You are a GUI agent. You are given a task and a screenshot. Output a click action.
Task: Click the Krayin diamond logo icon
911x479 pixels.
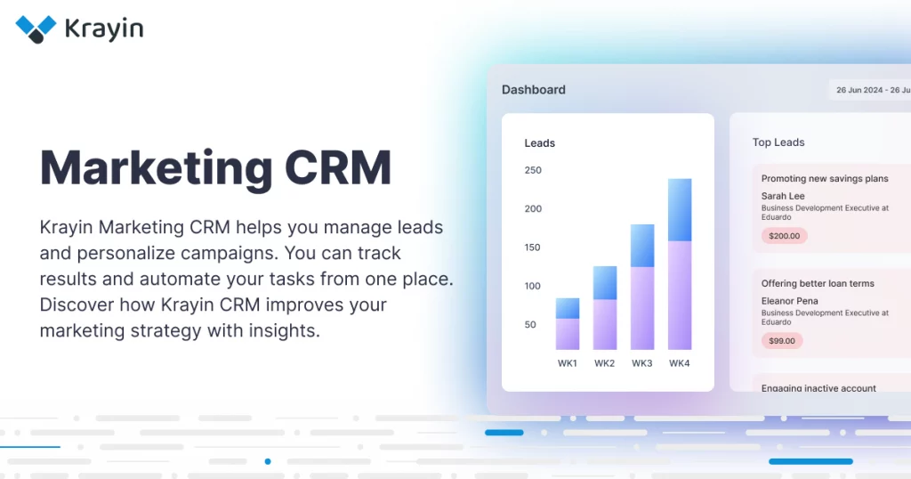36,29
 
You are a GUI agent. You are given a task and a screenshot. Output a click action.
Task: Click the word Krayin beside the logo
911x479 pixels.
104,29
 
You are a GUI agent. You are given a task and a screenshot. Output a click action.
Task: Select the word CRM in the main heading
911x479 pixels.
338,167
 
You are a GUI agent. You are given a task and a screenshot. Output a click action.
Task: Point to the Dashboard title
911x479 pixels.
534,90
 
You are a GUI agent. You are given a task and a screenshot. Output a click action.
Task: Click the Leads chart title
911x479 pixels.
540,143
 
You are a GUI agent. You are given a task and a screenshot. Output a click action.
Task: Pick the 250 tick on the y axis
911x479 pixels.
533,170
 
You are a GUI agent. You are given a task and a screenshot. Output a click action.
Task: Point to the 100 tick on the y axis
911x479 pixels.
533,286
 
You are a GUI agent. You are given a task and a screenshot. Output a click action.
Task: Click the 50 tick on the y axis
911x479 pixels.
530,324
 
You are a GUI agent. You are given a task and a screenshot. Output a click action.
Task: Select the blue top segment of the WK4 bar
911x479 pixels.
680,210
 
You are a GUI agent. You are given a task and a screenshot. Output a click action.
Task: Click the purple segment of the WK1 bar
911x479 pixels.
568,334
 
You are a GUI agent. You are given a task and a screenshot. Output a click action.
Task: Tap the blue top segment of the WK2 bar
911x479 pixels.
605,283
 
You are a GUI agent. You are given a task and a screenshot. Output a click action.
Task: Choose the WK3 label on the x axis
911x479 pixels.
642,363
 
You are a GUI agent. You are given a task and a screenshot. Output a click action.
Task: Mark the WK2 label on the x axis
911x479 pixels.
604,363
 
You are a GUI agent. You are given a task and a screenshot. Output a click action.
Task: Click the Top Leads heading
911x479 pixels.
778,142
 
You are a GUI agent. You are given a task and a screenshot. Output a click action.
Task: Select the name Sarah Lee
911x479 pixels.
783,196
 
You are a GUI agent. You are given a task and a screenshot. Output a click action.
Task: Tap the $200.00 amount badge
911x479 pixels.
785,236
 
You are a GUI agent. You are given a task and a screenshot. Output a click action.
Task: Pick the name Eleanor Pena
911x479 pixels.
790,301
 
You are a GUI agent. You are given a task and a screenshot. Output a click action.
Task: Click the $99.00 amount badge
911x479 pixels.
782,341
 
